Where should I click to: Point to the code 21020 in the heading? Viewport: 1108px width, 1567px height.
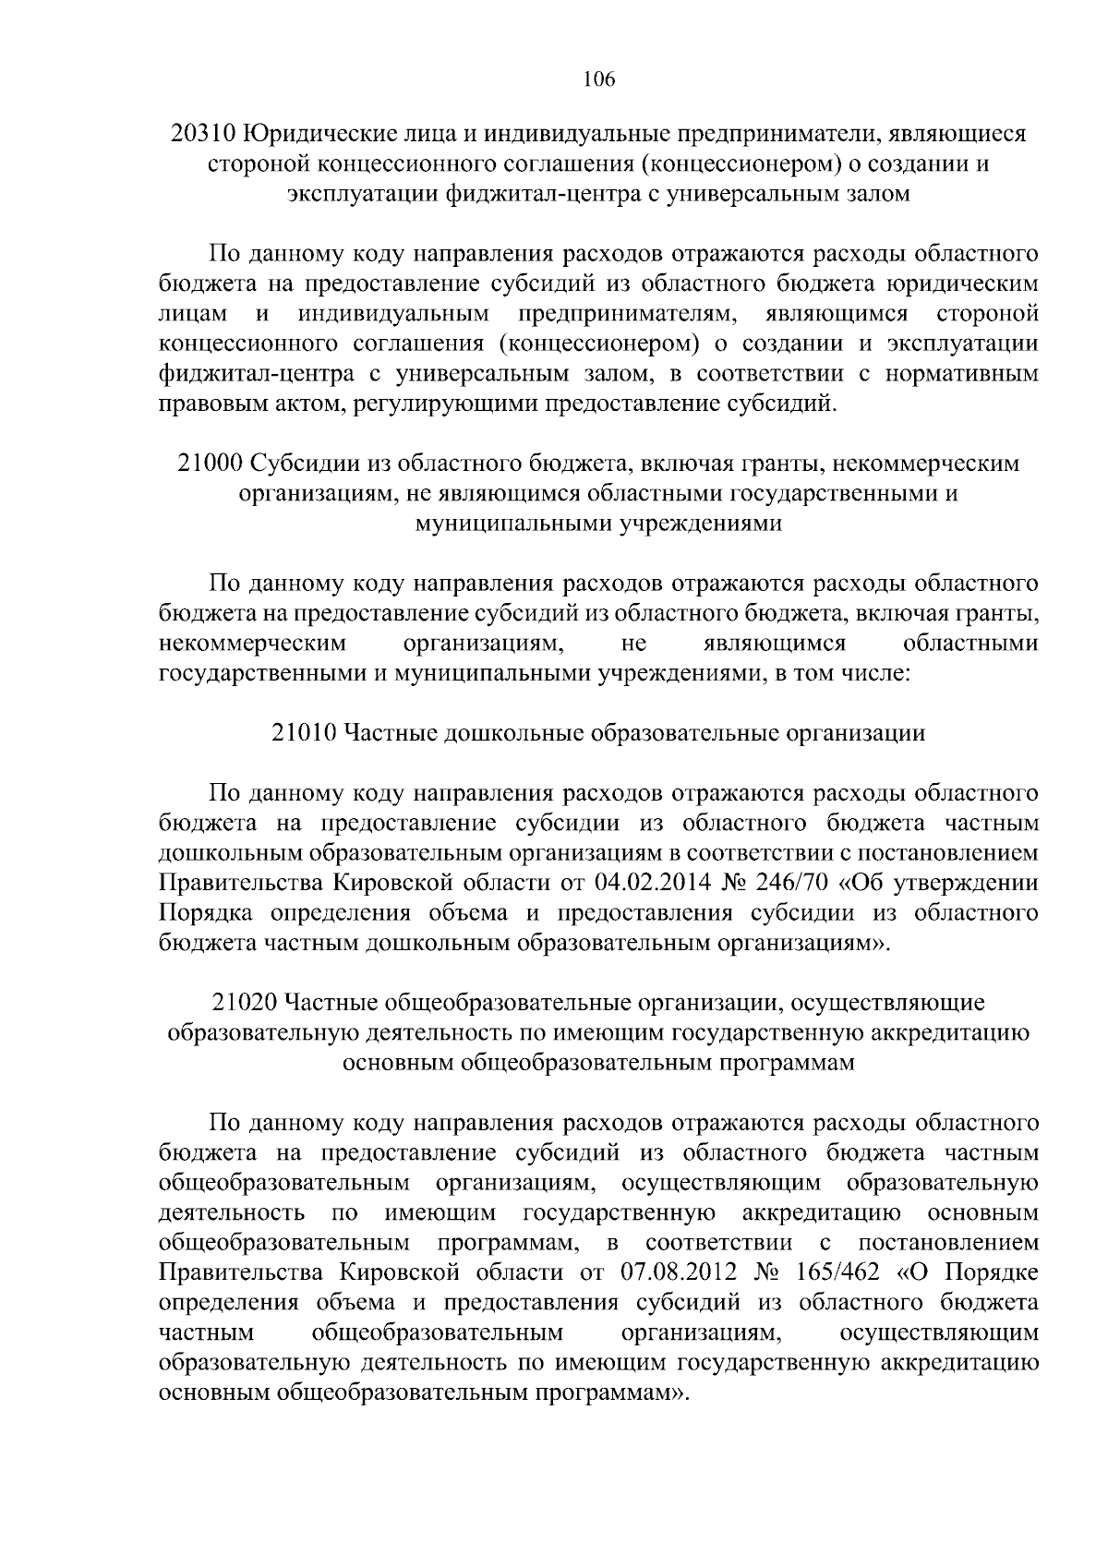[245, 1003]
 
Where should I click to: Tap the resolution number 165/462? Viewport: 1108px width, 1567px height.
[835, 1273]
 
